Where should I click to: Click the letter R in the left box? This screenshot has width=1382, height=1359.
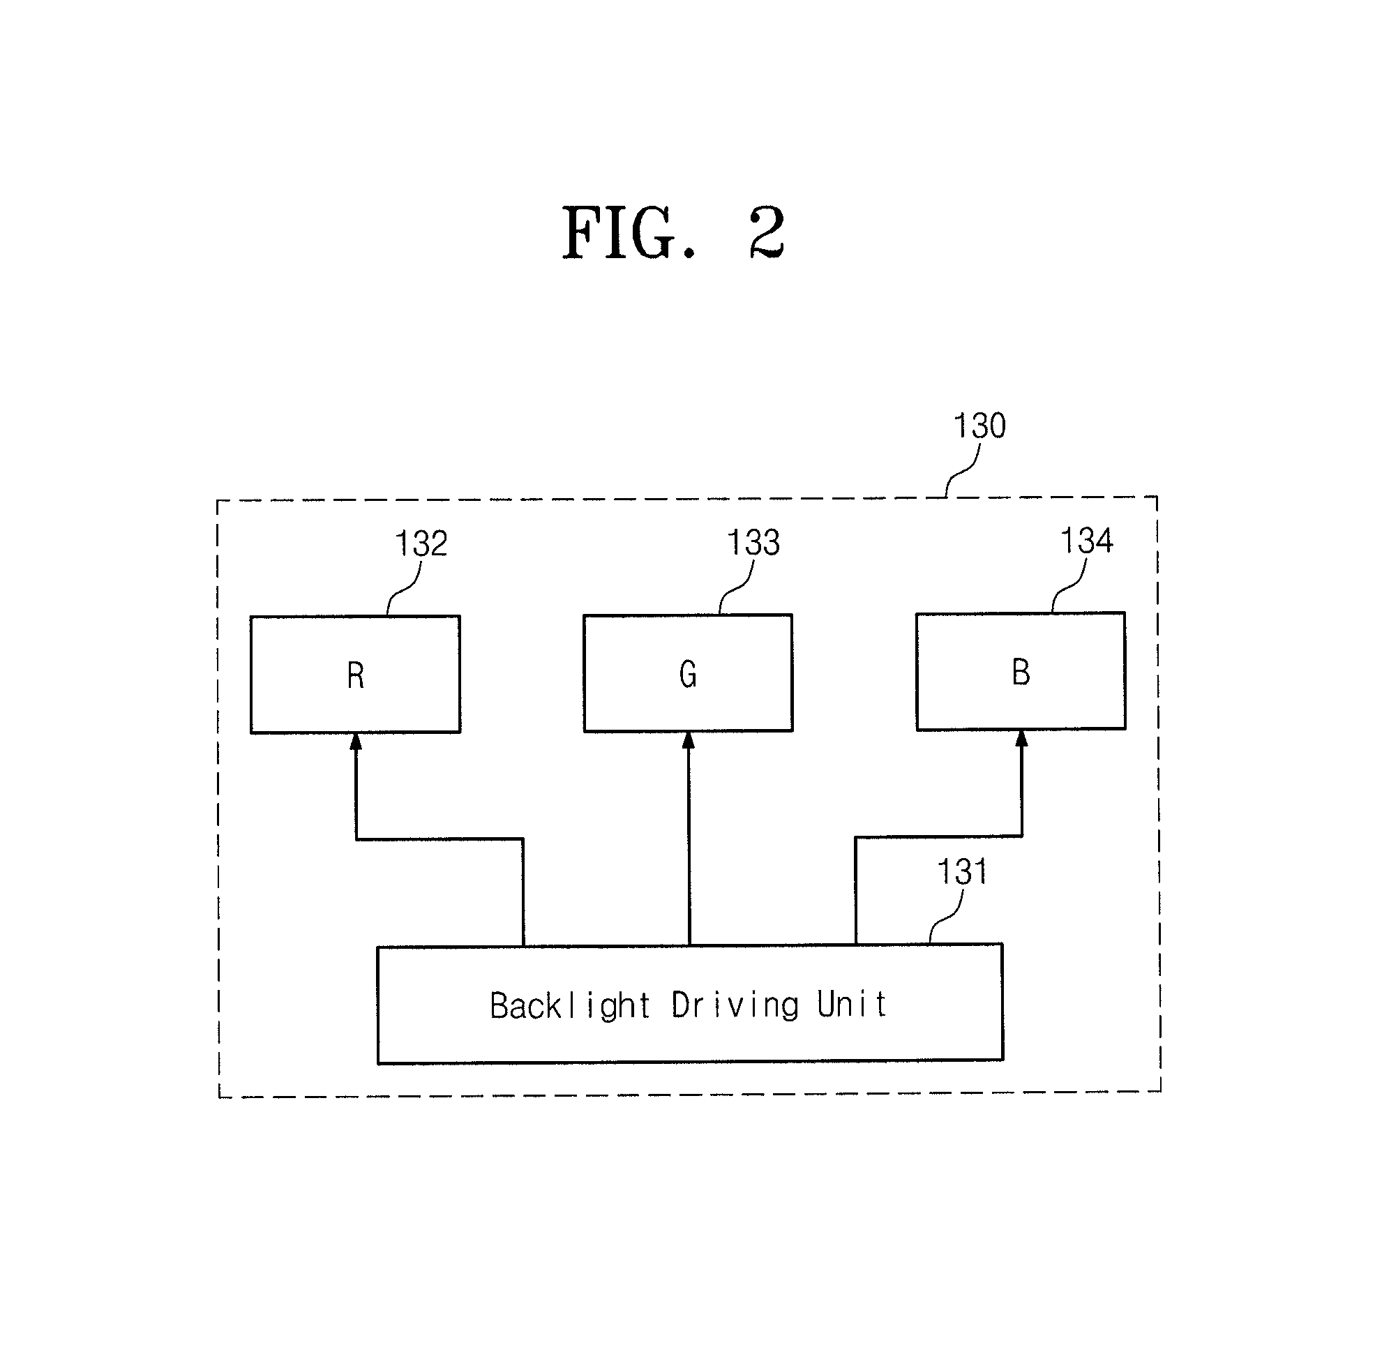tap(356, 675)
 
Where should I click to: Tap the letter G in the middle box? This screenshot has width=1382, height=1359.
tap(687, 674)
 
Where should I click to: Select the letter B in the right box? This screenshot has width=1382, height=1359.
tap(1021, 672)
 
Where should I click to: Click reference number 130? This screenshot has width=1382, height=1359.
tap(979, 426)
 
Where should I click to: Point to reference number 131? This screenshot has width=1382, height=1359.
tap(962, 872)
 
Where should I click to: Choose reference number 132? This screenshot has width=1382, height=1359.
tap(421, 544)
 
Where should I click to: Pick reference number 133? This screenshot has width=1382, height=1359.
tap(753, 543)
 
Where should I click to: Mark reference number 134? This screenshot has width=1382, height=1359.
tap(1086, 540)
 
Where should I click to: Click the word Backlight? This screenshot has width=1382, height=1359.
tap(570, 1007)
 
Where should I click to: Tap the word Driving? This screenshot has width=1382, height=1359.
tap(735, 1005)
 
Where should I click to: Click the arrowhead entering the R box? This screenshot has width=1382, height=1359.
tap(356, 742)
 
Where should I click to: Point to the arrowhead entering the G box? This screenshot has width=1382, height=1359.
tap(689, 741)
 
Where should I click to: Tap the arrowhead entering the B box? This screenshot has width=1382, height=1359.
tap(1021, 739)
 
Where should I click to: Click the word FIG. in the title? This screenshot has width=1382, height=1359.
tap(628, 234)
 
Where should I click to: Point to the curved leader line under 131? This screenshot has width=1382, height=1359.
tap(946, 918)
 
